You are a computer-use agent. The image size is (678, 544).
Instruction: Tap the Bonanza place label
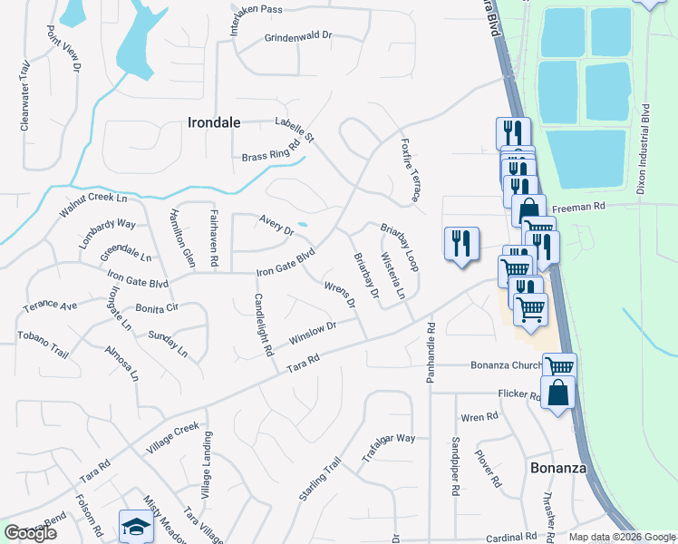558,468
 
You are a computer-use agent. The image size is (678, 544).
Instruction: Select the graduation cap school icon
135,526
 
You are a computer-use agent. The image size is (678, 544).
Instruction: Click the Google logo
30,533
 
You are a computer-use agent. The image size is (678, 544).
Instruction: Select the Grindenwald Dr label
298,38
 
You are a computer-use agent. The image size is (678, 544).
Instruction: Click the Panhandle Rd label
431,351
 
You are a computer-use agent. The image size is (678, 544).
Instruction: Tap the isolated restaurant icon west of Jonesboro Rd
461,244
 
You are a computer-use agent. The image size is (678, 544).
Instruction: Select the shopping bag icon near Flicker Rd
557,393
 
